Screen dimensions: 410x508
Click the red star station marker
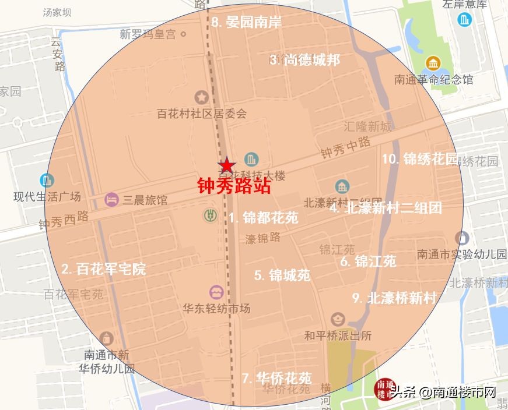point(226,165)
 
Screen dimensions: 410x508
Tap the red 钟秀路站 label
point(234,186)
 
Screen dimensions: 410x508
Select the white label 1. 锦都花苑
point(263,218)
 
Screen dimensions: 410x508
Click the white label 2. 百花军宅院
point(104,268)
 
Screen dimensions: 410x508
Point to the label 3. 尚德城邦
point(304,59)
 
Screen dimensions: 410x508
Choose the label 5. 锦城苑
point(282,275)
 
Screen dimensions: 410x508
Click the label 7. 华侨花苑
point(276,377)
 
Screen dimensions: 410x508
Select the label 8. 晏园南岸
point(247,22)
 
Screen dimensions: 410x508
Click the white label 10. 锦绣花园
point(420,158)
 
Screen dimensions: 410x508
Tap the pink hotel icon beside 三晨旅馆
point(111,200)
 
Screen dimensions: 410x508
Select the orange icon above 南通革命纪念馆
point(433,62)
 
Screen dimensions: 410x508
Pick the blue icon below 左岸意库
point(465,20)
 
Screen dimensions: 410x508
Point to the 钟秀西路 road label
point(64,219)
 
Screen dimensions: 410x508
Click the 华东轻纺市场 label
point(216,309)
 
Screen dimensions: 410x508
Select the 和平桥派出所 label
point(338,336)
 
